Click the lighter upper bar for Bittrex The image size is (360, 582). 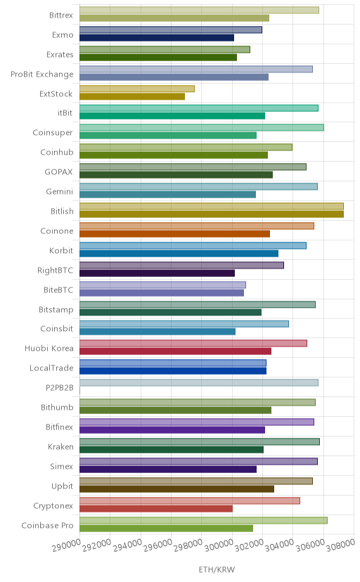[x=199, y=10]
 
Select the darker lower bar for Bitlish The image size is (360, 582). [x=212, y=214]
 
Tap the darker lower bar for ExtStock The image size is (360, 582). [x=132, y=96]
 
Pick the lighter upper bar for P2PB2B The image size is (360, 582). [x=198, y=382]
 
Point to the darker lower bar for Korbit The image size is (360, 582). [x=179, y=254]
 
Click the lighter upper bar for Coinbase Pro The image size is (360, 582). [x=203, y=520]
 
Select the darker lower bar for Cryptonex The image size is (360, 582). [x=156, y=508]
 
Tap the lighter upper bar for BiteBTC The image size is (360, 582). [x=162, y=285]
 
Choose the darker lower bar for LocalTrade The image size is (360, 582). [x=173, y=371]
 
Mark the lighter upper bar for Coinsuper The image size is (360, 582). [x=202, y=128]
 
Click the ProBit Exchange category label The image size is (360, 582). [x=42, y=75]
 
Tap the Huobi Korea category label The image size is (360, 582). [x=49, y=349]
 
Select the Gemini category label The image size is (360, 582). [x=59, y=191]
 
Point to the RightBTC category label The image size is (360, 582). [x=56, y=270]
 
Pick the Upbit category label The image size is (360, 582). [x=63, y=486]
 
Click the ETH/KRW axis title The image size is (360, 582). [x=217, y=570]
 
